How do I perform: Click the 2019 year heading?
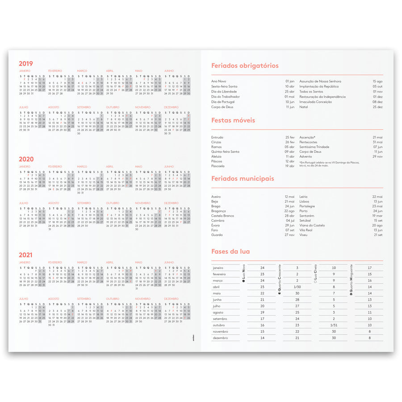26,63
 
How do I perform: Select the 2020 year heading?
26,159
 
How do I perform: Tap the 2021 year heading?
26,255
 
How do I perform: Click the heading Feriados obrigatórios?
245,66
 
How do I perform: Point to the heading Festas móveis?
233,120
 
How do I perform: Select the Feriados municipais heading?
243,179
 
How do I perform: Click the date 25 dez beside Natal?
378,107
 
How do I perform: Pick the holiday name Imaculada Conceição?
315,102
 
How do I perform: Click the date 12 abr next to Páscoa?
289,161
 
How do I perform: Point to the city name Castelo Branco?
222,216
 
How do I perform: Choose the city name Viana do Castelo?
312,225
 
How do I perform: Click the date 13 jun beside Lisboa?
378,201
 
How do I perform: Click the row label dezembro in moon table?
221,338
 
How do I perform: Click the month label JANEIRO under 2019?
25,71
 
